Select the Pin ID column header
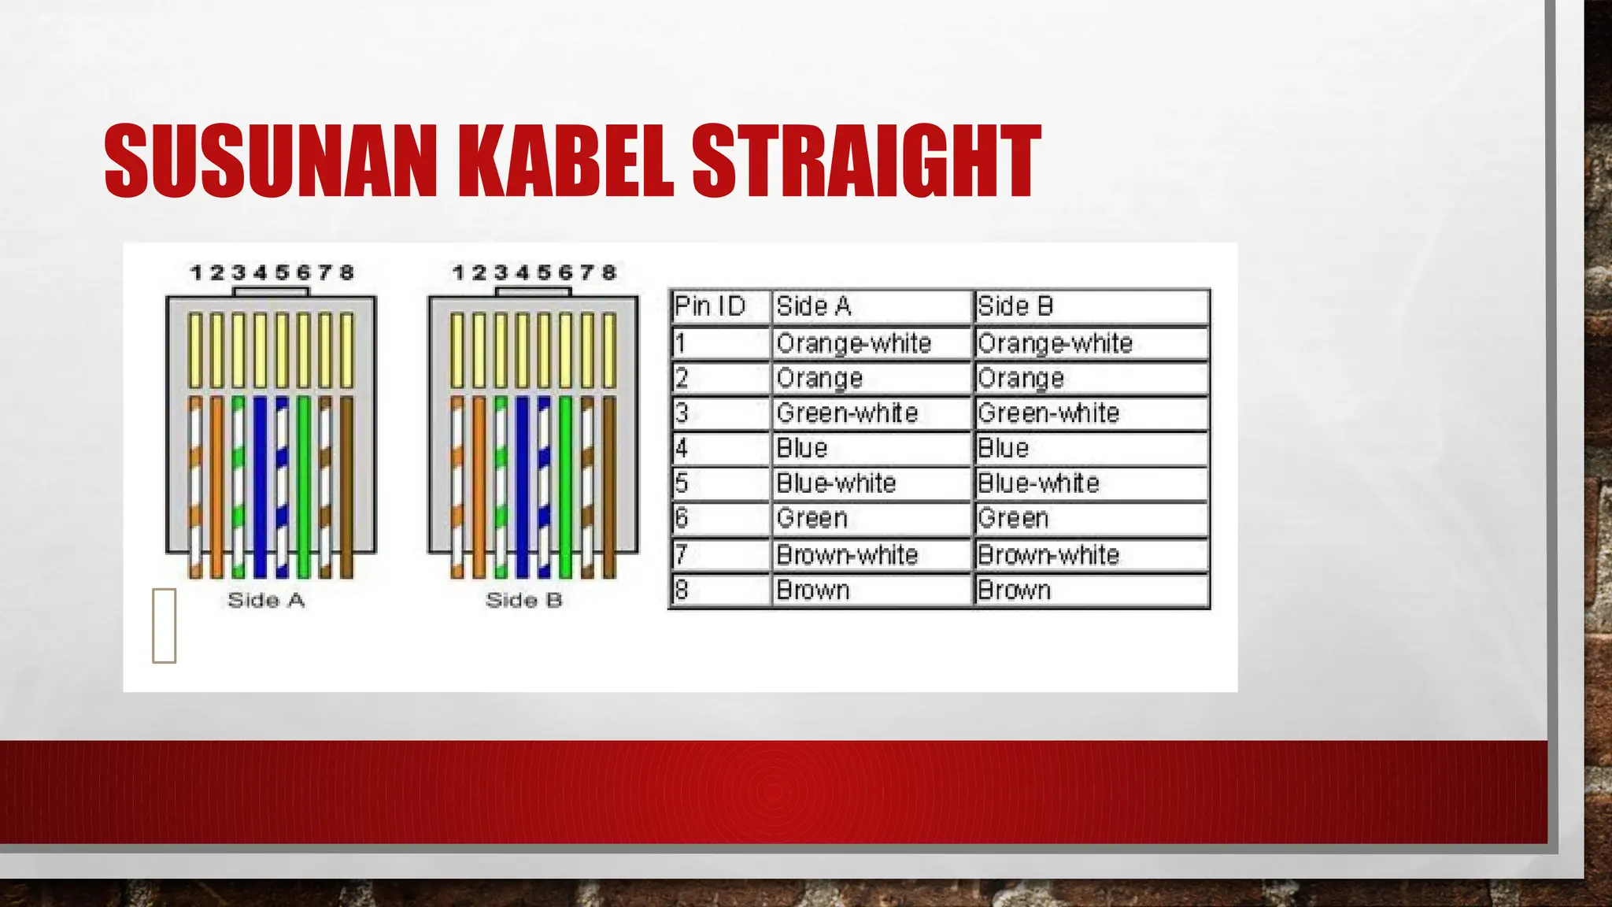pos(710,306)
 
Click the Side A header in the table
pos(813,306)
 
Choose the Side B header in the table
pos(1015,306)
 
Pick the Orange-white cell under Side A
pos(853,343)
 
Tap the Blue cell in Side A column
pos(801,448)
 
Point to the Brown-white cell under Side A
pos(846,555)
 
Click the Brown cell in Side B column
pos(1014,590)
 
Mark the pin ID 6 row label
pos(682,518)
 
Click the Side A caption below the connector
pos(266,600)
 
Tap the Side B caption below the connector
pos(524,600)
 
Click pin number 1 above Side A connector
pos(196,272)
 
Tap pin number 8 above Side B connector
pos(608,272)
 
